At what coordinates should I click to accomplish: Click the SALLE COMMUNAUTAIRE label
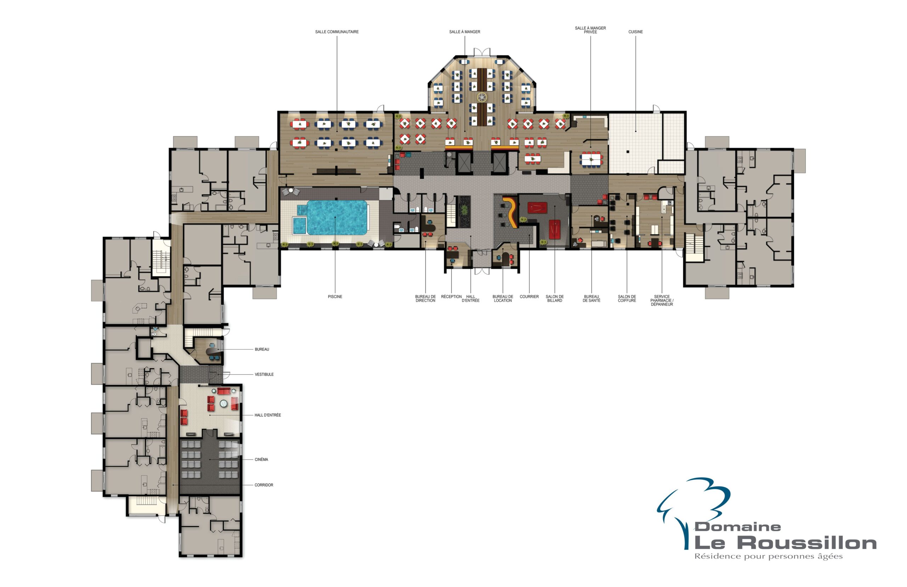pos(337,32)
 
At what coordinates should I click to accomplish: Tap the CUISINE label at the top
pos(635,32)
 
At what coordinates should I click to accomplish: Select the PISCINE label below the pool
pos(335,297)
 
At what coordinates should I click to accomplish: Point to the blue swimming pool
pos(336,217)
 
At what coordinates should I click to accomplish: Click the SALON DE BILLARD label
pos(554,298)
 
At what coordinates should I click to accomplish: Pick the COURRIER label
pos(529,297)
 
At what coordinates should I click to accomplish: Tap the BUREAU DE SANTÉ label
pos(591,298)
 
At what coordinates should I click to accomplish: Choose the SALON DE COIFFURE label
pos(627,298)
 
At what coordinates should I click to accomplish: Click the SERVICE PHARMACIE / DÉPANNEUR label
pos(662,300)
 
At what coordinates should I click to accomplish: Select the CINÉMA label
pos(261,459)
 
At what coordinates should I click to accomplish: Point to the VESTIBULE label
pos(264,374)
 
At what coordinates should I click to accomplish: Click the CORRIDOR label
pos(264,485)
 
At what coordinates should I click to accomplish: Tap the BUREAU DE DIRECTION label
pos(425,298)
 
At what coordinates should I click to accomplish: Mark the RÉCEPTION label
pos(451,297)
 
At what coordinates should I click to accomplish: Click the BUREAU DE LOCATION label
pos(502,298)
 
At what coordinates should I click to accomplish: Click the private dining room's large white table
pos(591,159)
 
